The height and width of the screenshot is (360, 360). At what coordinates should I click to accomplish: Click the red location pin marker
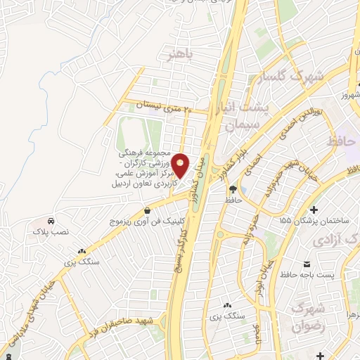coord(180,165)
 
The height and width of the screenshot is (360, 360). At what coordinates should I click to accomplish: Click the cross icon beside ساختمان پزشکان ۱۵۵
coord(313,209)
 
